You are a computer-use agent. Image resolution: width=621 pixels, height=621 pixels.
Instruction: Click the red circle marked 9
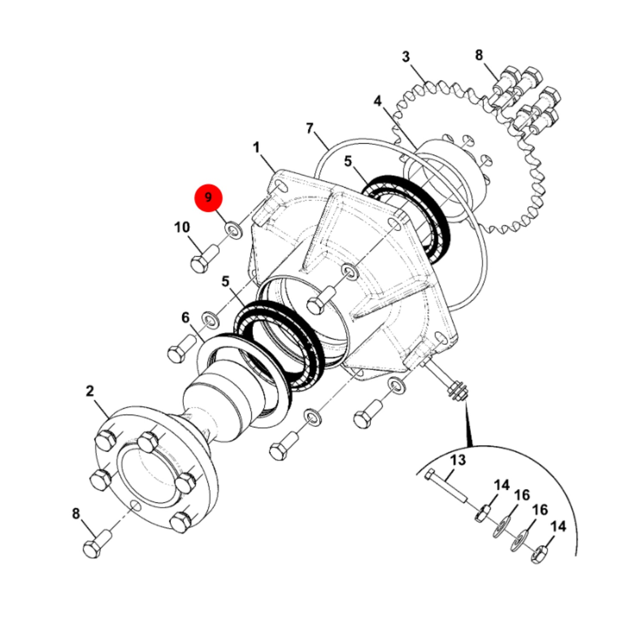click(x=208, y=198)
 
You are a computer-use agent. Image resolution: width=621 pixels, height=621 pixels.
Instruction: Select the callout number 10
click(x=182, y=227)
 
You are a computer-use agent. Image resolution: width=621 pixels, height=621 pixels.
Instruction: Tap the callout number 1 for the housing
click(x=256, y=148)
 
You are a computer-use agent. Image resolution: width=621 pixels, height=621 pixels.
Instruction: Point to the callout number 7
click(x=310, y=128)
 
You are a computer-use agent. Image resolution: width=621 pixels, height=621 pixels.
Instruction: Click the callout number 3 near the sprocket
click(x=406, y=57)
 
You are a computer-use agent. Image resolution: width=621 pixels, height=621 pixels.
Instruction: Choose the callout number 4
click(x=377, y=101)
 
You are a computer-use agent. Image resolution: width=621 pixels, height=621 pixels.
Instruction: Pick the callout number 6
click(x=186, y=318)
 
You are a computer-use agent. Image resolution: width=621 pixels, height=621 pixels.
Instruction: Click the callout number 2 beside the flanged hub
click(x=90, y=391)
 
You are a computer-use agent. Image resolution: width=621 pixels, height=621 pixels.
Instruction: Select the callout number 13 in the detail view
click(x=458, y=460)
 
